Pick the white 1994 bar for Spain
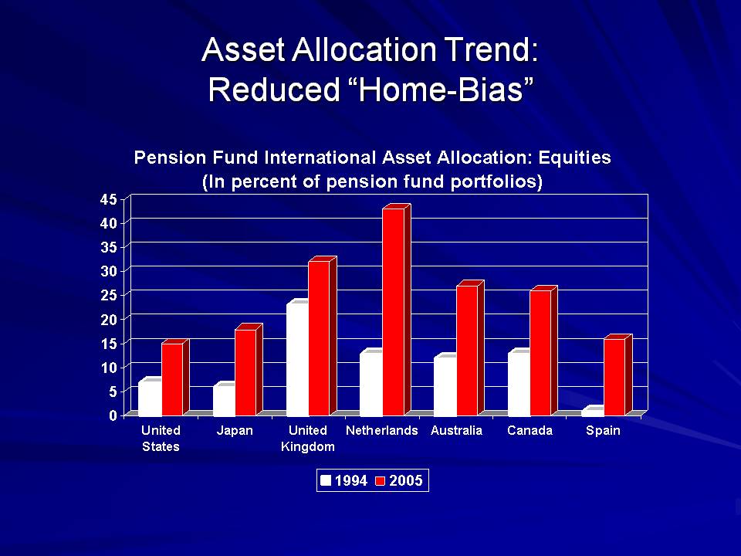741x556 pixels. [593, 412]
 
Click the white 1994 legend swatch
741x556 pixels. [325, 481]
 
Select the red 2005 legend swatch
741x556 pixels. [380, 481]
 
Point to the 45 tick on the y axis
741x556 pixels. [108, 199]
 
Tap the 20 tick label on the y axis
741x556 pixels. [108, 320]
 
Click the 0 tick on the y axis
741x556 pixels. [113, 415]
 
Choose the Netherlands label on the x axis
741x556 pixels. [382, 430]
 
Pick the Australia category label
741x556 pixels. [456, 430]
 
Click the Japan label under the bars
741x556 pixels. [235, 431]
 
